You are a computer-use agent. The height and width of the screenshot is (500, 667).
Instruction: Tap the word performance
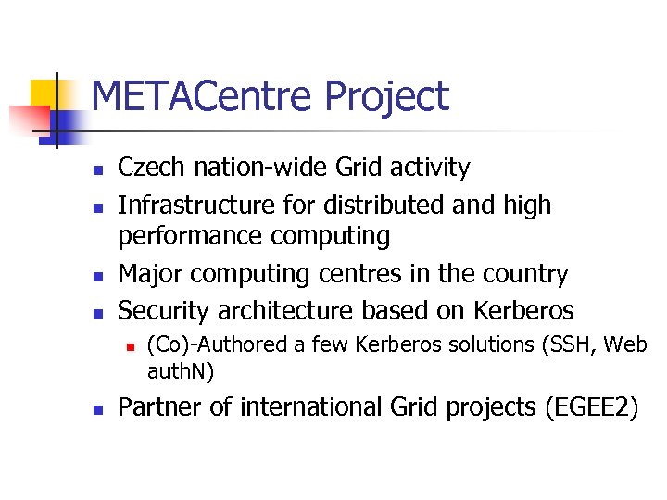pos(190,237)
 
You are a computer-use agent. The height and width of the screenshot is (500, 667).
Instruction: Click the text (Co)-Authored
pos(218,345)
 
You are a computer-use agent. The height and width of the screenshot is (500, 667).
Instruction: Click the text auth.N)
pos(181,372)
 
